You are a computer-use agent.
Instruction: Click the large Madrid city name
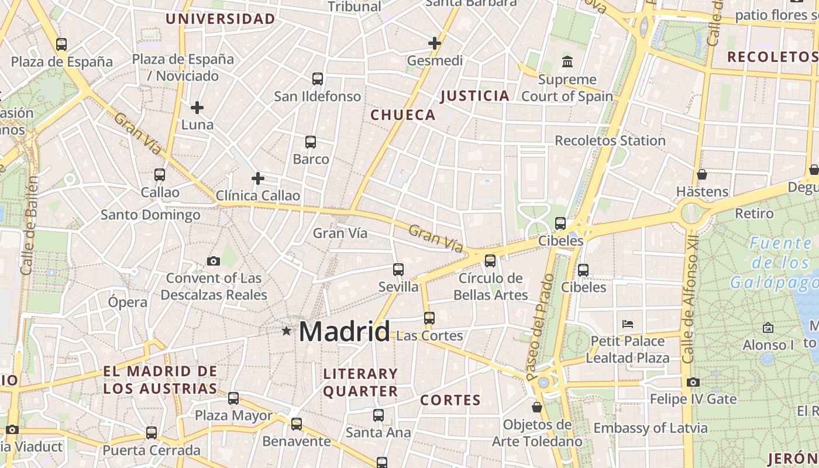(x=344, y=332)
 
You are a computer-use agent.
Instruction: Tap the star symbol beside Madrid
(x=286, y=331)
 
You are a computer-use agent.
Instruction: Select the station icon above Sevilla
(x=398, y=269)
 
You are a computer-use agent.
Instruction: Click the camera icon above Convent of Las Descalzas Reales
(x=214, y=261)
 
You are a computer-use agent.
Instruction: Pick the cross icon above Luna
(x=197, y=108)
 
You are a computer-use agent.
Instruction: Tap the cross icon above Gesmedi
(x=434, y=43)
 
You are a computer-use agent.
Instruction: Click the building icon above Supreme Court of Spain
(x=567, y=61)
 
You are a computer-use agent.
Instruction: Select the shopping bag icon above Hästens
(x=701, y=174)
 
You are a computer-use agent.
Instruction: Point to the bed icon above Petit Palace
(x=628, y=324)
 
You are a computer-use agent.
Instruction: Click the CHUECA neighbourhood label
(x=403, y=115)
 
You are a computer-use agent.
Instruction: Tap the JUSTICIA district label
(x=474, y=96)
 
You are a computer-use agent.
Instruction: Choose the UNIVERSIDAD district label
(x=220, y=19)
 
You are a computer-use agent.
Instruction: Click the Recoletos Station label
(x=610, y=140)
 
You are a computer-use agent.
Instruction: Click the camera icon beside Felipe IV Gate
(x=693, y=383)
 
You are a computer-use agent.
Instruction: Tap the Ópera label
(x=128, y=302)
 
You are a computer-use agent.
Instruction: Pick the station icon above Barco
(x=311, y=142)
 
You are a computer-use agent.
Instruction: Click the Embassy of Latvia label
(x=651, y=428)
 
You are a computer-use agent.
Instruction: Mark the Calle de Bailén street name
(x=29, y=225)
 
